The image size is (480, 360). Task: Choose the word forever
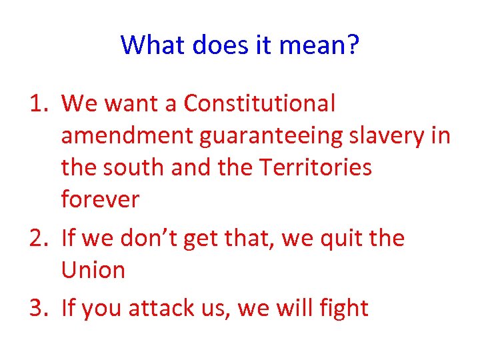(100, 199)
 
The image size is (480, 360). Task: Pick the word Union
(93, 270)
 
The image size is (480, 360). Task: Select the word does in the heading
(214, 45)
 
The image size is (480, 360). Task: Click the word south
(133, 167)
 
